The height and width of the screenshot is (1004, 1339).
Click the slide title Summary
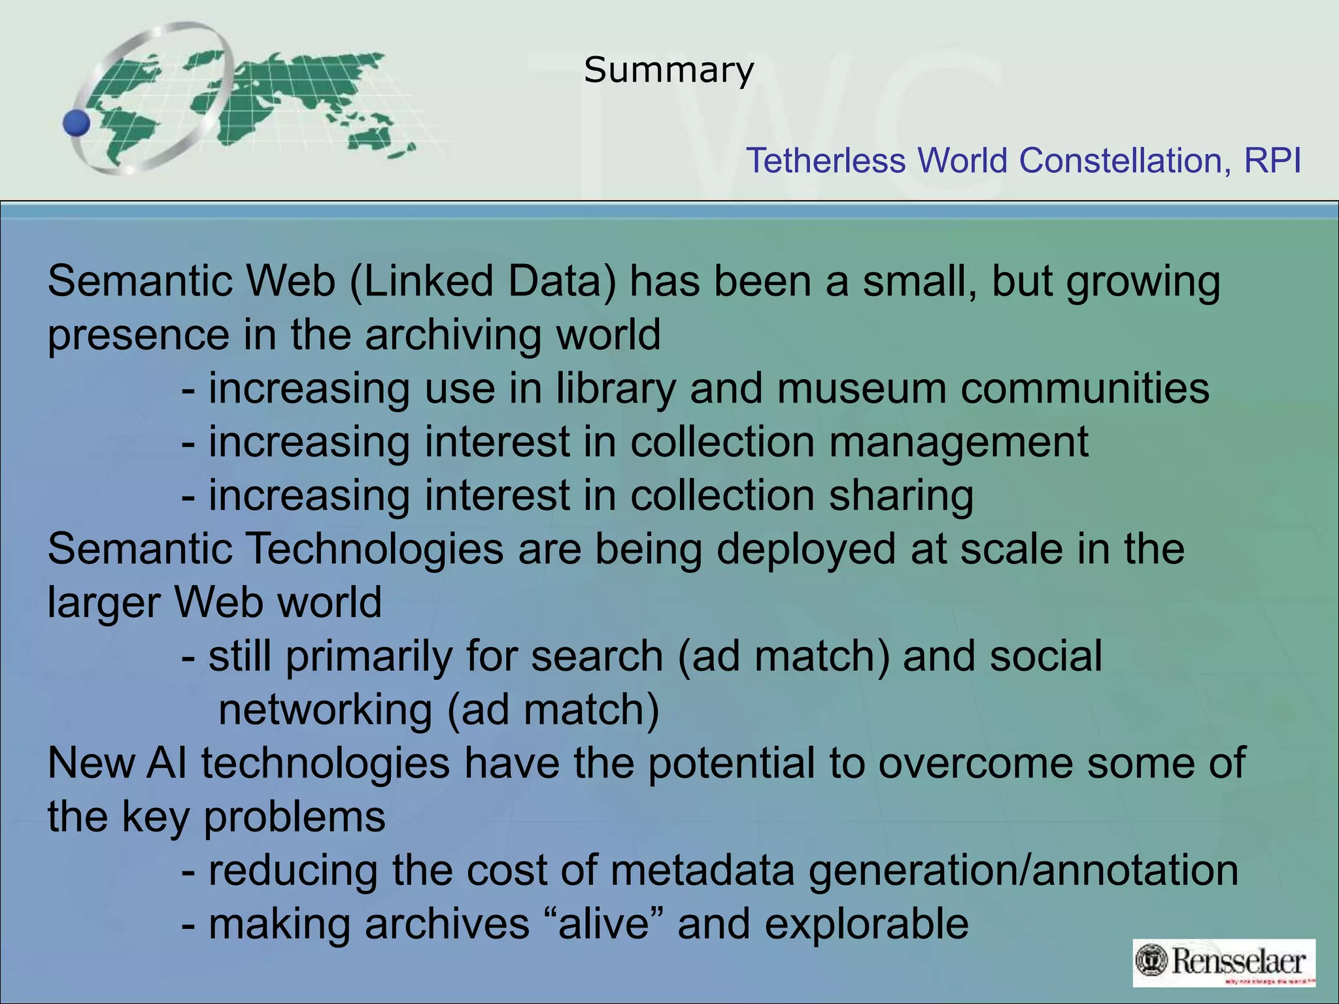click(669, 70)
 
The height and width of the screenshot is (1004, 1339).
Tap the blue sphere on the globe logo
click(76, 123)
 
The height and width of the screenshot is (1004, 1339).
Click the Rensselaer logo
click(1223, 962)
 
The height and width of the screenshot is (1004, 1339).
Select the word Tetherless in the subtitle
click(825, 161)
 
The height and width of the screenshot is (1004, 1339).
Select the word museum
click(862, 388)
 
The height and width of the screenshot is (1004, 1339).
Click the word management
click(958, 443)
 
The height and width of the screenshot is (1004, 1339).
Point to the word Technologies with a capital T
click(373, 549)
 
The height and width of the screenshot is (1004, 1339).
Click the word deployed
click(805, 549)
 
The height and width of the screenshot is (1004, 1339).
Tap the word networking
click(325, 710)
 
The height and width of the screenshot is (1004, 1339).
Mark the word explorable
click(866, 924)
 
